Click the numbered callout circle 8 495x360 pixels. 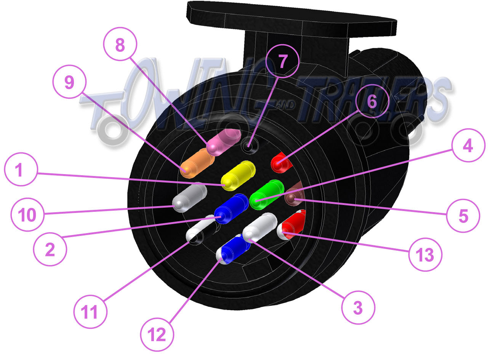[x=120, y=44]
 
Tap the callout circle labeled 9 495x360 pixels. [x=69, y=82]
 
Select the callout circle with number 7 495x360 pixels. [x=283, y=61]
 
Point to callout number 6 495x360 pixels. [x=372, y=101]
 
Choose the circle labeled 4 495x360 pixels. [x=468, y=145]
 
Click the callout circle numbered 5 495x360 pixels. [x=463, y=216]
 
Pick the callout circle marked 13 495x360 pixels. [x=425, y=254]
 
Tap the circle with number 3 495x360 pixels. [x=358, y=307]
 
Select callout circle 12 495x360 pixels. [x=157, y=334]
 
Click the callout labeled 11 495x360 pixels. [x=90, y=312]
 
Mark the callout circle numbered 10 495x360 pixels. [x=27, y=214]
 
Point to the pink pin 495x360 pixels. [x=224, y=142]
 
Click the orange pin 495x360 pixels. [x=197, y=163]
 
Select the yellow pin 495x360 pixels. [x=238, y=176]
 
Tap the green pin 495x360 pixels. [x=266, y=194]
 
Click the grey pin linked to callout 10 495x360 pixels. [x=190, y=197]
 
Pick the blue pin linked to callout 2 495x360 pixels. [x=231, y=209]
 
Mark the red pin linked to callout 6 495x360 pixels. [x=281, y=163]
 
